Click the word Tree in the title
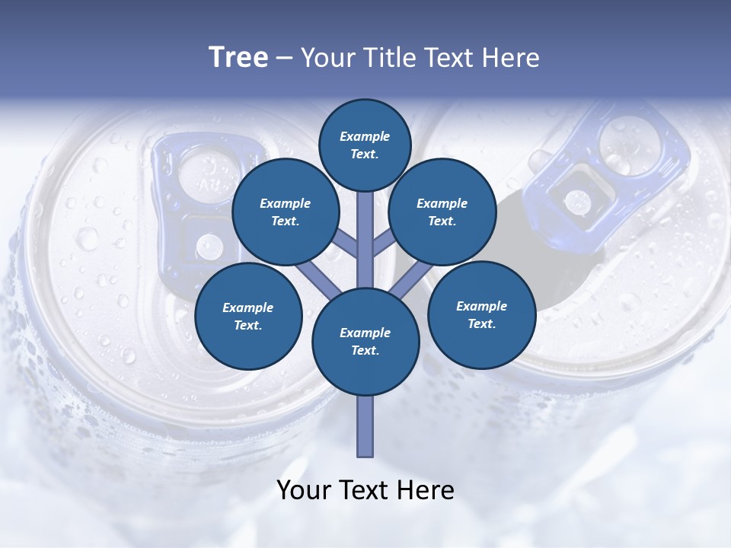click(238, 57)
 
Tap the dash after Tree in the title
click(285, 58)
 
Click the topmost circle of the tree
click(365, 145)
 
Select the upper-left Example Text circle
click(285, 212)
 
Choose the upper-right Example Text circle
click(442, 212)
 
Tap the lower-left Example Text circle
click(247, 316)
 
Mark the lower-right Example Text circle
click(481, 314)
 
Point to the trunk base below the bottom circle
click(365, 426)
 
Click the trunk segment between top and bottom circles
click(365, 240)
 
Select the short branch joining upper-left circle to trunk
click(346, 245)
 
